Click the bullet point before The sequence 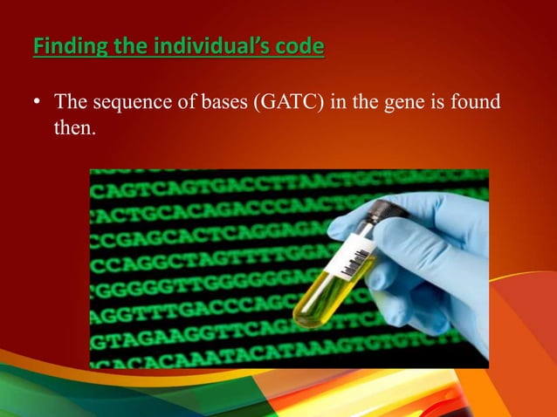click(x=37, y=104)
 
